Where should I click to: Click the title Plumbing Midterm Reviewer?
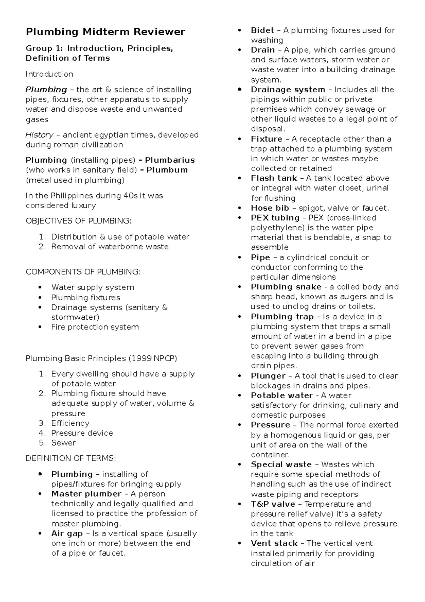pos(105,32)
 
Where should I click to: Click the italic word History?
pos(39,135)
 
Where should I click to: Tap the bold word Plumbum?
pos(167,170)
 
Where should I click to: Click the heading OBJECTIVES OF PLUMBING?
pos(78,221)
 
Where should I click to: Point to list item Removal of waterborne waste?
pos(110,247)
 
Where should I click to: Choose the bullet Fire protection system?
pos(95,327)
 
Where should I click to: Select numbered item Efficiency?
pos(70,423)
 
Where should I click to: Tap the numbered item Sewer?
pos(63,443)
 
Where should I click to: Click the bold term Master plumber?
pos(86,494)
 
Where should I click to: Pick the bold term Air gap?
pos(67,534)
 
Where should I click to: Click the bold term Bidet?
pos(262,30)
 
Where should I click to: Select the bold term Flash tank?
pos(274,178)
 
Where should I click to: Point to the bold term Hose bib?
pos(270,208)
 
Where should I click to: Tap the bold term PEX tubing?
pos(275,218)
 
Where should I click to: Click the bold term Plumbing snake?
pos(286,287)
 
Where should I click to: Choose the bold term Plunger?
pos(268,376)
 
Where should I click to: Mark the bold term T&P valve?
pos(273,504)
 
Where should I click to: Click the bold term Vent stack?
pos(274,544)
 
